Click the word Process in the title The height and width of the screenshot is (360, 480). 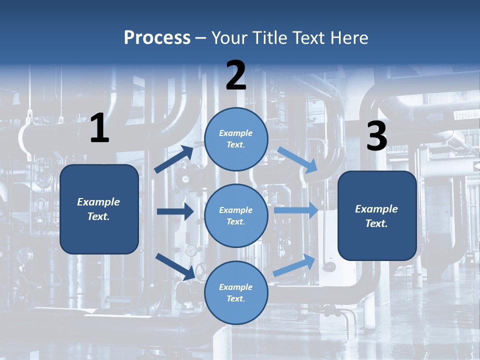coord(157,38)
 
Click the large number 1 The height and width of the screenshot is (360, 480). coord(99,128)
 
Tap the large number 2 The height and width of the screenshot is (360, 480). coord(236,75)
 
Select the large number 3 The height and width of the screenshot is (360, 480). coord(376,136)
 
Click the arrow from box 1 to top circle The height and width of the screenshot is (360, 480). coord(174,159)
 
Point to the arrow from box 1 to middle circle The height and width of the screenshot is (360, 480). coord(175,212)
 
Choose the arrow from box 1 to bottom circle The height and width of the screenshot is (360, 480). coord(175,266)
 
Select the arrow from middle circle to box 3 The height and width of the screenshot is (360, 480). coord(296,210)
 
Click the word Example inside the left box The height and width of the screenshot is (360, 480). coord(98,202)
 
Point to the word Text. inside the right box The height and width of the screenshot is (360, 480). coord(376,223)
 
